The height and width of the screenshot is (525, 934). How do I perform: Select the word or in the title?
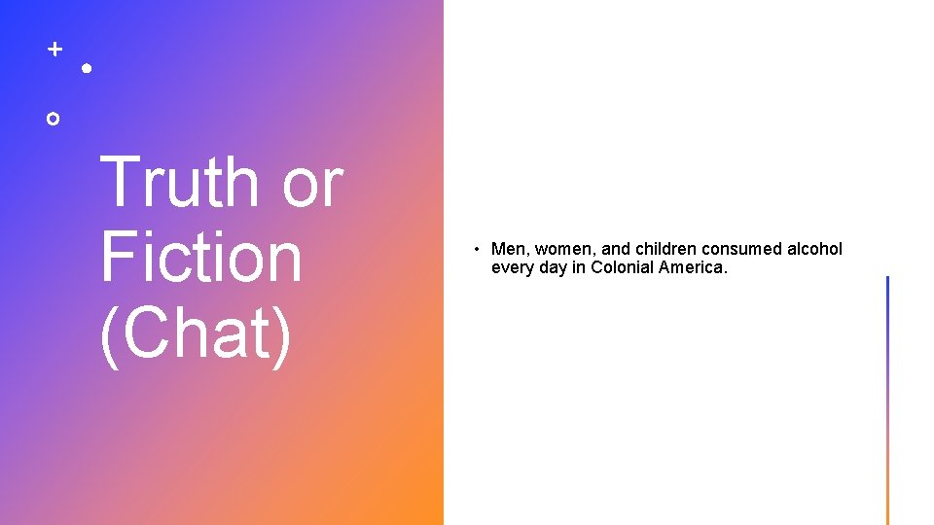click(311, 183)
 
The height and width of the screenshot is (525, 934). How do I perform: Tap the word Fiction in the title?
click(200, 258)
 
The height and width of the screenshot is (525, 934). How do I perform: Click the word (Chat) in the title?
click(195, 332)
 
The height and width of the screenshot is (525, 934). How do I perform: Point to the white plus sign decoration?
click(55, 48)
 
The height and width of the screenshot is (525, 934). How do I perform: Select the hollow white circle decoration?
click(53, 119)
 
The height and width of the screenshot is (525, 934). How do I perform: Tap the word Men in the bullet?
click(508, 250)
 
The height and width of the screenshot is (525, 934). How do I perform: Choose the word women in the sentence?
click(559, 250)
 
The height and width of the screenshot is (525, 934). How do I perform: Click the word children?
click(667, 250)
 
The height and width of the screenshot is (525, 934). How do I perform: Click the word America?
click(693, 267)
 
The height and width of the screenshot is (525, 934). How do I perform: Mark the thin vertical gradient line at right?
click(887, 399)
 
